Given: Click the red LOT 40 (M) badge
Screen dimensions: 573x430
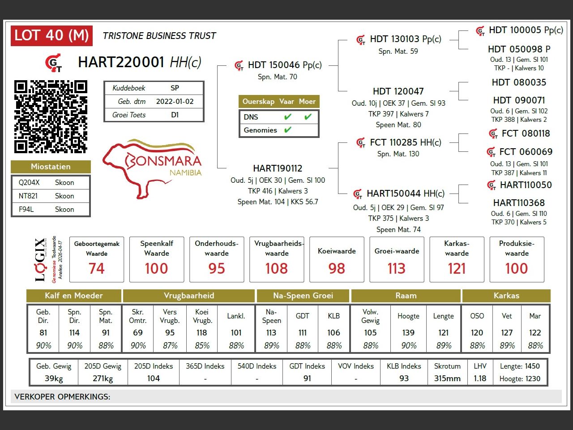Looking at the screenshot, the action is click(x=51, y=35).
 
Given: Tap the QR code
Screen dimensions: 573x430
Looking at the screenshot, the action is click(x=51, y=116).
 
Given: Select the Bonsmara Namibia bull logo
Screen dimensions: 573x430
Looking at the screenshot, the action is click(x=152, y=168).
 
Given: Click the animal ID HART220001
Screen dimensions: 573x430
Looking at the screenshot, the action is click(x=121, y=62).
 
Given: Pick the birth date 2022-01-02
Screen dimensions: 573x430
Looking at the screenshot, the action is click(x=175, y=101).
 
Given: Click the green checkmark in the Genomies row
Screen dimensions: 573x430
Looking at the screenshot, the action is click(x=288, y=130).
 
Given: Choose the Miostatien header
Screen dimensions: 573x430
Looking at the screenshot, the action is click(x=51, y=167).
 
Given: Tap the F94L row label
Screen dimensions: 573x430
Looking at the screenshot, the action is click(x=26, y=209).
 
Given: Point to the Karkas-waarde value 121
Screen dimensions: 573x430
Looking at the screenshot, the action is click(x=457, y=268).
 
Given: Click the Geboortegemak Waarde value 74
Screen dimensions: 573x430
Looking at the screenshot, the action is click(x=97, y=268).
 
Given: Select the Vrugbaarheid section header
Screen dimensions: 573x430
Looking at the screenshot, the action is click(x=189, y=296).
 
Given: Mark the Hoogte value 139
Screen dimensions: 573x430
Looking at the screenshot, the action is click(x=408, y=333).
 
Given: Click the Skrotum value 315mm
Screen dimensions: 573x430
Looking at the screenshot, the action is click(x=447, y=378).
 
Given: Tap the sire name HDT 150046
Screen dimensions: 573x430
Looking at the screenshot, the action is click(x=274, y=65).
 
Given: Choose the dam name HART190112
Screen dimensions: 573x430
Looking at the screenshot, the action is click(x=278, y=168).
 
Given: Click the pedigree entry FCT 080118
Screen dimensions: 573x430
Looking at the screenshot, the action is click(x=526, y=133).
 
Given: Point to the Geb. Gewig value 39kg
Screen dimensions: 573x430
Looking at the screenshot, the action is click(x=54, y=378).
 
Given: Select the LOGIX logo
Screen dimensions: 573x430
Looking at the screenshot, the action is click(x=40, y=259).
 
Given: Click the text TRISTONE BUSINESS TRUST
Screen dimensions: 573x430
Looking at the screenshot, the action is click(x=159, y=36).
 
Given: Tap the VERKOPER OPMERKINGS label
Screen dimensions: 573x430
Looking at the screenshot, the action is click(x=62, y=397).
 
